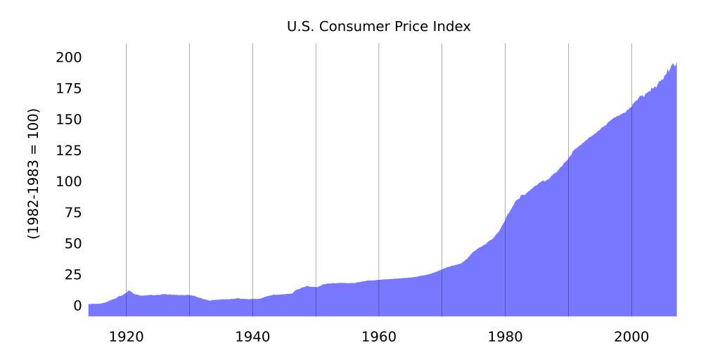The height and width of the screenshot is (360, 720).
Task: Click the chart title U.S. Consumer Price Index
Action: (x=378, y=27)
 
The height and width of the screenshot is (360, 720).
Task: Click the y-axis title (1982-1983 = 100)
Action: (x=34, y=173)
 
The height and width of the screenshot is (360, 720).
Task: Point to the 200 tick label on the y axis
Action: (x=68, y=57)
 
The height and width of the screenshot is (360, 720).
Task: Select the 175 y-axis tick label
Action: (x=68, y=89)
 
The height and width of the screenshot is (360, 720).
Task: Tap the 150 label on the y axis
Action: (x=68, y=120)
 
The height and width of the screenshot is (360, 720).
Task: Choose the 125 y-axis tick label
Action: (x=68, y=150)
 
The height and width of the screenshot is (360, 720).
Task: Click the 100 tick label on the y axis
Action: (x=68, y=181)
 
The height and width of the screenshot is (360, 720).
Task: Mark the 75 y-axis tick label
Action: (x=72, y=212)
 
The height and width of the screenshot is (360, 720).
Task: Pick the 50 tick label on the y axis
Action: (x=72, y=243)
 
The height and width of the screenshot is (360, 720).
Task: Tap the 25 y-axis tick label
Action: (x=72, y=274)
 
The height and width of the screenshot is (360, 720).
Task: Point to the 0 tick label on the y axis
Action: (x=77, y=306)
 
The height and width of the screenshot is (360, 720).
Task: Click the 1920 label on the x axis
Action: (x=127, y=336)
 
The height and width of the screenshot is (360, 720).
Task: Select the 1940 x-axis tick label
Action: (x=252, y=336)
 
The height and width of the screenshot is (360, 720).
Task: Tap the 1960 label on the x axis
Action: (x=379, y=336)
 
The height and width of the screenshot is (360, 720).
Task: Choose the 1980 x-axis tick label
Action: (x=505, y=336)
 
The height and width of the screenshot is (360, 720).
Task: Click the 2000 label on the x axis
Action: (x=631, y=336)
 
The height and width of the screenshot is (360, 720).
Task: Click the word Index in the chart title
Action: (x=454, y=27)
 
